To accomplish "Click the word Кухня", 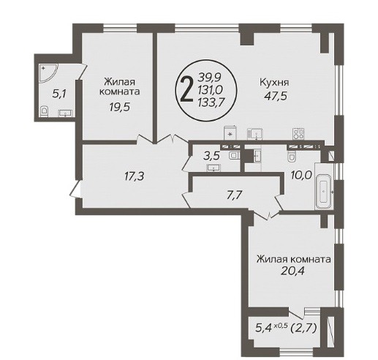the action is (274, 82).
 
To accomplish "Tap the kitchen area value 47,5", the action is (276, 96).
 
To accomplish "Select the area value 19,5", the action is (119, 107).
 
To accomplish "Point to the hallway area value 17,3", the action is (134, 176).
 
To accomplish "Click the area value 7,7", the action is (234, 195).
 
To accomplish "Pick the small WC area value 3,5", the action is (212, 155).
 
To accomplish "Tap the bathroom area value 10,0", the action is (301, 175).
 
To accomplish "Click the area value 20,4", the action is (292, 271).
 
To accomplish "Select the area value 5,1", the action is (59, 94).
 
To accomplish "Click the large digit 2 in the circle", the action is (186, 89).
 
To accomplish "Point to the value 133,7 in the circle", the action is (211, 103).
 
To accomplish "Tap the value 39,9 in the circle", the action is (209, 78).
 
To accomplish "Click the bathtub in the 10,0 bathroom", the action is (323, 192).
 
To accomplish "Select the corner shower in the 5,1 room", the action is (48, 73).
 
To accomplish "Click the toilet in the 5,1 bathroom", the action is (44, 111).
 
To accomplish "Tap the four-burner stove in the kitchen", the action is (299, 134).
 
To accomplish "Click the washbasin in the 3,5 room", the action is (213, 168).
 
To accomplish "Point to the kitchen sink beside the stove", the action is (255, 134).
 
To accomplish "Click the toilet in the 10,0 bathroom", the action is (292, 157).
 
